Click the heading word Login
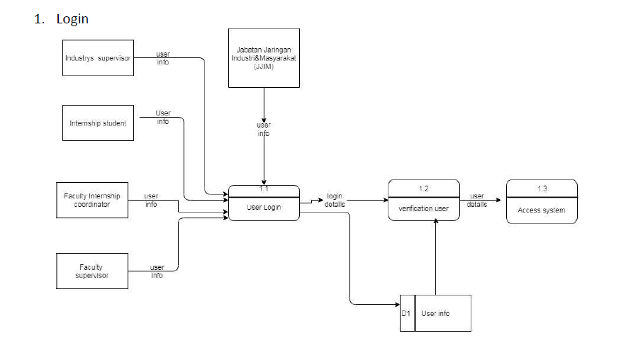pos(72,19)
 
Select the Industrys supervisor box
pos(98,57)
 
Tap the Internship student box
pos(98,123)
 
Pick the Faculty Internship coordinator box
pos(92,200)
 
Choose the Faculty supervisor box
pos(92,271)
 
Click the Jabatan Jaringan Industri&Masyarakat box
pos(264,57)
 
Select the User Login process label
pos(264,208)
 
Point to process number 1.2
pos(424,189)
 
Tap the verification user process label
pos(424,208)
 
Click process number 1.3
pos(542,189)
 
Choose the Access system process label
pos(542,210)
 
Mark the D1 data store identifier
pos(406,313)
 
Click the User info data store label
pos(435,313)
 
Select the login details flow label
pos(335,200)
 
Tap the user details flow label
pos(476,200)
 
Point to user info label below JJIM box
pos(264,130)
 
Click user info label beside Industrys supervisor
pos(162,57)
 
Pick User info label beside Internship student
pos(162,117)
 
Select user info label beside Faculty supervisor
pos(157,271)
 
